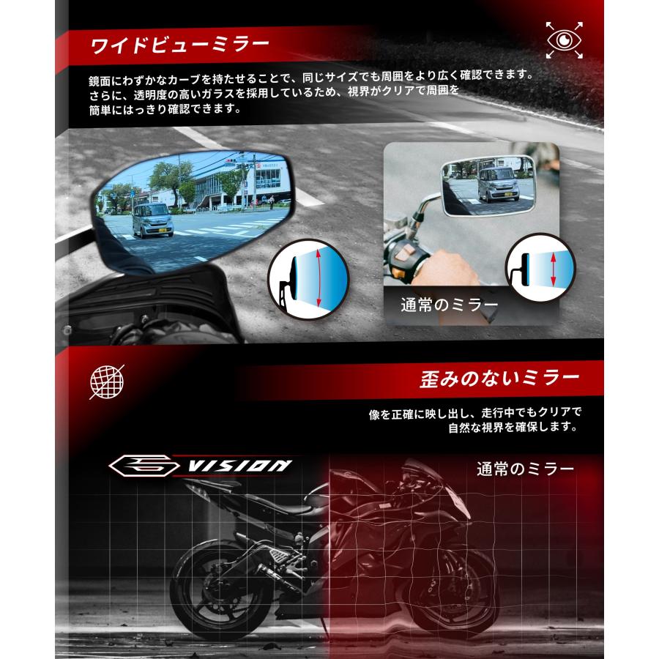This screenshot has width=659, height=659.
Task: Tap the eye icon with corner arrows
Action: [565, 41]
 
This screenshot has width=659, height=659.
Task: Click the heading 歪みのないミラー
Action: [499, 379]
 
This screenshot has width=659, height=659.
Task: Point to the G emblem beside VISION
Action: [146, 465]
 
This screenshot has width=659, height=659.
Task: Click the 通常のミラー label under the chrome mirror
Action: [449, 304]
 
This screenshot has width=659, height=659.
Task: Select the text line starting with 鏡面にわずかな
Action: [307, 76]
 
